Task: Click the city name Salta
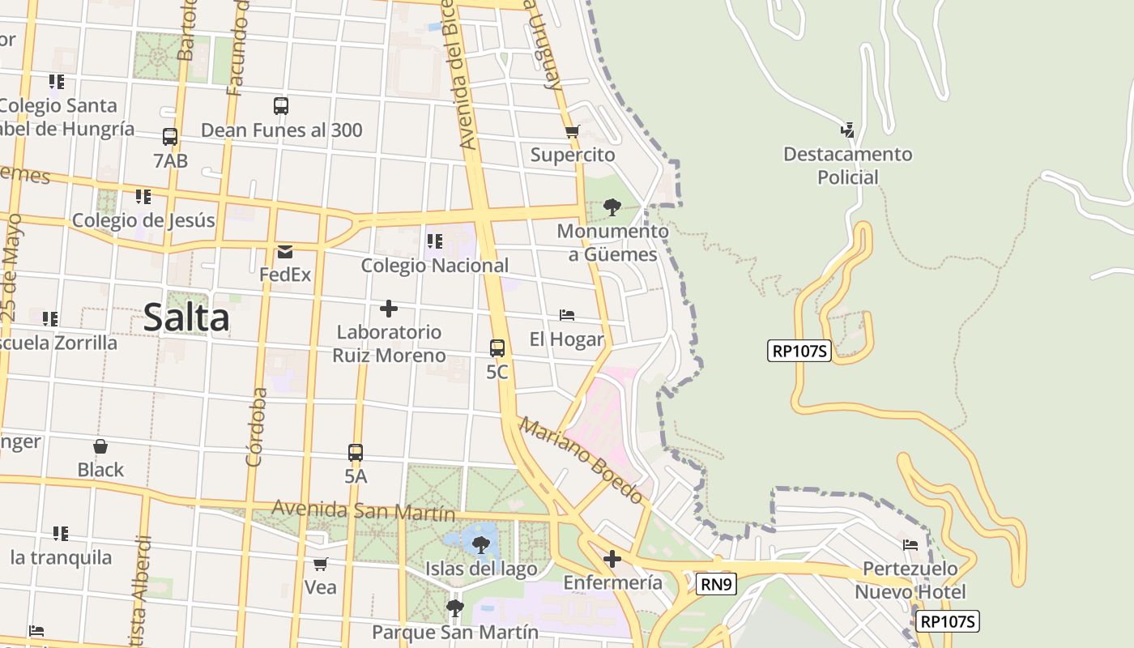pyautogui.click(x=186, y=317)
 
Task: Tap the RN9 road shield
pyautogui.click(x=715, y=582)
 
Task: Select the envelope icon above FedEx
pyautogui.click(x=285, y=251)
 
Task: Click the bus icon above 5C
pyautogui.click(x=497, y=348)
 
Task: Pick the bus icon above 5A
pyautogui.click(x=356, y=453)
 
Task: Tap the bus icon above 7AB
pyautogui.click(x=170, y=137)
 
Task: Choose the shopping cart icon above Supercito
pyautogui.click(x=573, y=131)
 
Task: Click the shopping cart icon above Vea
pyautogui.click(x=321, y=564)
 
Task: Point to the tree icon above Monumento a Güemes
pyautogui.click(x=612, y=207)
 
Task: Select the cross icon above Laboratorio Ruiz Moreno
pyautogui.click(x=389, y=309)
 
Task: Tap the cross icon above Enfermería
pyautogui.click(x=612, y=559)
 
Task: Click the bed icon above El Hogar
pyautogui.click(x=567, y=315)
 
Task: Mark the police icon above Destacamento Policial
pyautogui.click(x=847, y=130)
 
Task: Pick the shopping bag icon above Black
pyautogui.click(x=100, y=446)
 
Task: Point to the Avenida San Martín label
pyautogui.click(x=364, y=511)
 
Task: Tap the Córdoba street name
pyautogui.click(x=256, y=427)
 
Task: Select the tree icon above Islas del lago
pyautogui.click(x=481, y=544)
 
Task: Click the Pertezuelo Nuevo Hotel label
pyautogui.click(x=910, y=580)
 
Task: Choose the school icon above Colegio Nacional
pyautogui.click(x=435, y=241)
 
